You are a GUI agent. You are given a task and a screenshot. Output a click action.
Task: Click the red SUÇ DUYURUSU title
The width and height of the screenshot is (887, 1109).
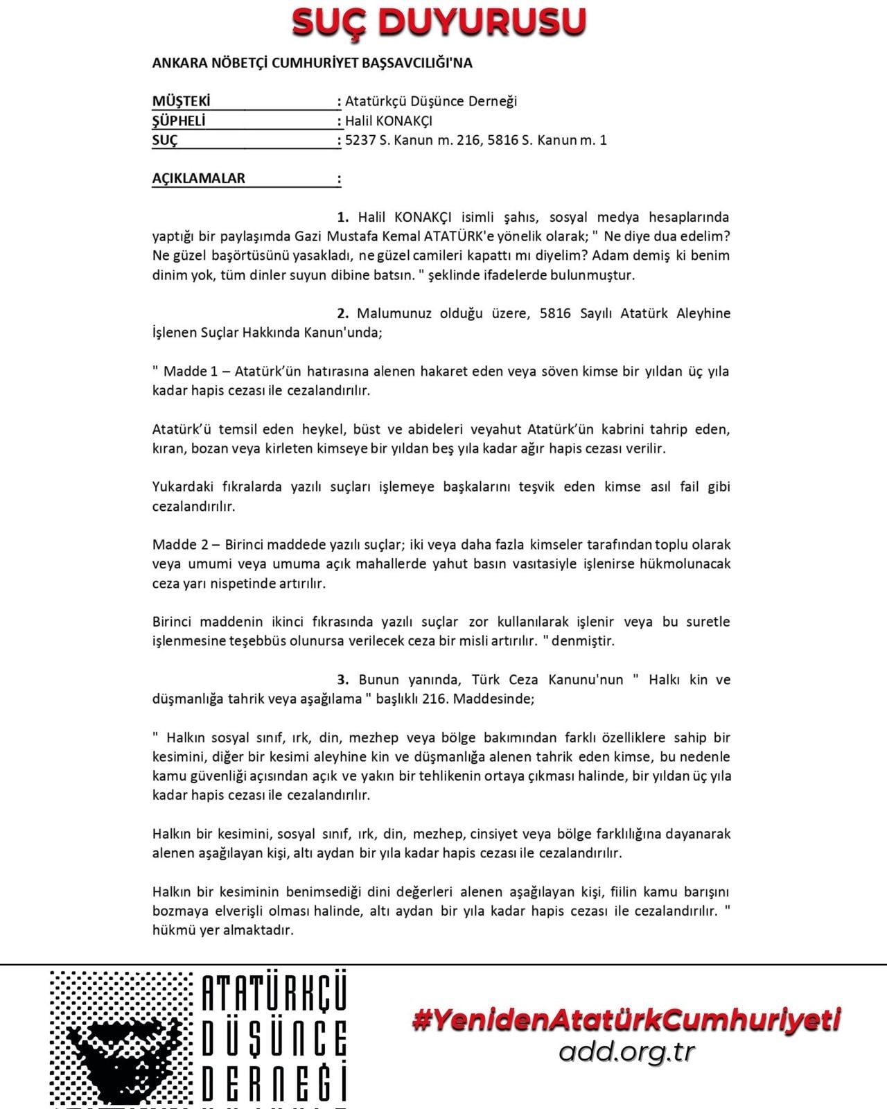pyautogui.click(x=439, y=22)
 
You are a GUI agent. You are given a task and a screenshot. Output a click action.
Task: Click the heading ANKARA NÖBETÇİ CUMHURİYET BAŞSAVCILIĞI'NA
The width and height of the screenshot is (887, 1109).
pyautogui.click(x=312, y=63)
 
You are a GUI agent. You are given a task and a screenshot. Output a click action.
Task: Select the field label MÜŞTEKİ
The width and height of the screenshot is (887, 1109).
pyautogui.click(x=181, y=101)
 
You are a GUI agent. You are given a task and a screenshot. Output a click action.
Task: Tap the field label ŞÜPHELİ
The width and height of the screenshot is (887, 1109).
pyautogui.click(x=179, y=121)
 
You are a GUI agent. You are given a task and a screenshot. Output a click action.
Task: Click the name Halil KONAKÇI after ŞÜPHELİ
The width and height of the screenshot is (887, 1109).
pyautogui.click(x=389, y=121)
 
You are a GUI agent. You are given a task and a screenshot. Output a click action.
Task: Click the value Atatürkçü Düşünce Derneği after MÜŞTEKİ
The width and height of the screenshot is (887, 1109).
pyautogui.click(x=431, y=101)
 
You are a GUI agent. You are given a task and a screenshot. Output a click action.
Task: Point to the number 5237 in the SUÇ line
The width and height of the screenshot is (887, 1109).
pyautogui.click(x=360, y=140)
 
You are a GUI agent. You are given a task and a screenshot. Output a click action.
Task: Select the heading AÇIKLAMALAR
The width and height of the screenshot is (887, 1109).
pyautogui.click(x=198, y=178)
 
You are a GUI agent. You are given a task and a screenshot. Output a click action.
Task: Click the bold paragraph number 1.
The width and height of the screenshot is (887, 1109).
pyautogui.click(x=342, y=217)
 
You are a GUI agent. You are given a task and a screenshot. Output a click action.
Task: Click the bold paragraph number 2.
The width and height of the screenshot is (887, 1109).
pyautogui.click(x=342, y=313)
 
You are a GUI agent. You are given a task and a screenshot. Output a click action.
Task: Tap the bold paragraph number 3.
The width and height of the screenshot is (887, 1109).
pyautogui.click(x=342, y=679)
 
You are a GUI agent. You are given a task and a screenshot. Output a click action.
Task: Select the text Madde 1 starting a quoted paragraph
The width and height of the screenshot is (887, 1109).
pyautogui.click(x=190, y=372)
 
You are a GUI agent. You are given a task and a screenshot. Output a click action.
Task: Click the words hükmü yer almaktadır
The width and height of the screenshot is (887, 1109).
pyautogui.click(x=223, y=930)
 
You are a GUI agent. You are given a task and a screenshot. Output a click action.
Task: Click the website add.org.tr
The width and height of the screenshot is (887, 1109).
pyautogui.click(x=626, y=1052)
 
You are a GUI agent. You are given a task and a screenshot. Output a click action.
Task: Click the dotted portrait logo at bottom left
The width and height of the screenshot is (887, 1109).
pyautogui.click(x=121, y=1038)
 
